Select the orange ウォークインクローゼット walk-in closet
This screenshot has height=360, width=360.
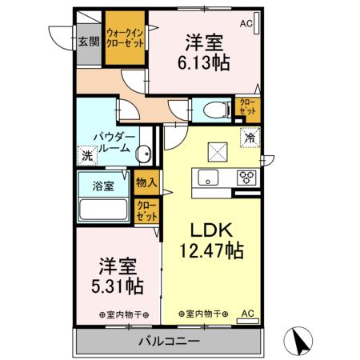click(x=126, y=40)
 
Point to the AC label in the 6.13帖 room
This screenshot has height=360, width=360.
click(x=245, y=24)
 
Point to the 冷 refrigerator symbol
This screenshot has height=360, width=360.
click(x=250, y=138)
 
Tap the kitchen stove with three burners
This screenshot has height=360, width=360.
click(x=246, y=178)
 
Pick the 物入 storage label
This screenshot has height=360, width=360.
click(x=146, y=183)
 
